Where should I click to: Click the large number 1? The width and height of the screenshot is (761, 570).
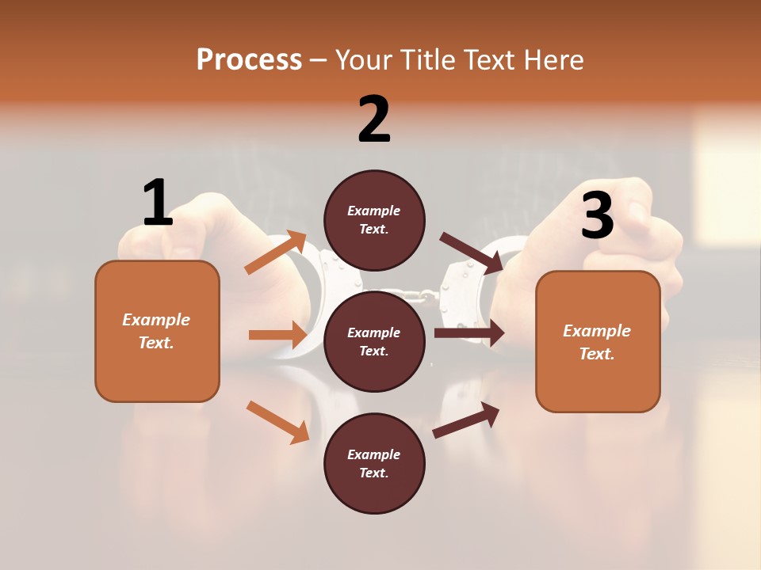(x=158, y=203)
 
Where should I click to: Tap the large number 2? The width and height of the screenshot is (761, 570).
(x=374, y=120)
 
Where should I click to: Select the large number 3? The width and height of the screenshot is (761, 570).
(x=597, y=215)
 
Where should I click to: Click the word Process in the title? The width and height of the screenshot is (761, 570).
(x=249, y=59)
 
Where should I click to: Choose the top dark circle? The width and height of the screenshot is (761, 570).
(x=374, y=220)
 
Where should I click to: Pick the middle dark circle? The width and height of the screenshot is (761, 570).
(x=374, y=341)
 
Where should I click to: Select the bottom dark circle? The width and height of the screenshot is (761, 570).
(x=374, y=463)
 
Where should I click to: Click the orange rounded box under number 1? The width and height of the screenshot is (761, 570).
(x=157, y=331)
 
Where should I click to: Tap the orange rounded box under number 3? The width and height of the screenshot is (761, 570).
(x=598, y=341)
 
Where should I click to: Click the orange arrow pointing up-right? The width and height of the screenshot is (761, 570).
(x=276, y=253)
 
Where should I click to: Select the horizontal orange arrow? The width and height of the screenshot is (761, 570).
(x=277, y=335)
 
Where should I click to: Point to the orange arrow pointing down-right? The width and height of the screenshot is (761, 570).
(x=277, y=421)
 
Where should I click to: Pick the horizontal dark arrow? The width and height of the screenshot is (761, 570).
(x=468, y=332)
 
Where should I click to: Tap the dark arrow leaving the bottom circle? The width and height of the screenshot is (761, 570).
(x=466, y=420)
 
